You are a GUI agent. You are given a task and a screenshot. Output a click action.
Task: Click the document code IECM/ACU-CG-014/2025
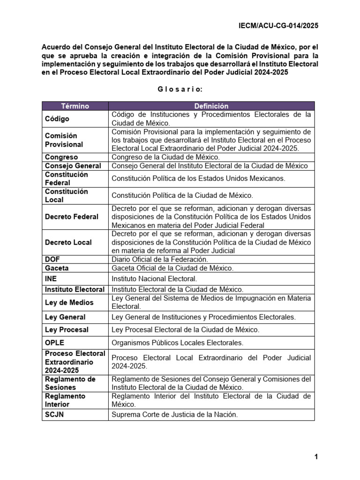tap(278, 26)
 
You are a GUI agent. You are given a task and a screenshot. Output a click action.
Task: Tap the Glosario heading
tap(180, 89)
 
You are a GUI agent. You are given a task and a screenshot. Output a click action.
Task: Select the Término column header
tap(75, 106)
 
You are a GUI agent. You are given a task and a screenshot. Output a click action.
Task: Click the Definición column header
tap(211, 106)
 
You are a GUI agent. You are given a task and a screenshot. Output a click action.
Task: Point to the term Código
tap(58, 119)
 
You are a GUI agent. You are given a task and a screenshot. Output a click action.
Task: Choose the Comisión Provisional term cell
tap(64, 140)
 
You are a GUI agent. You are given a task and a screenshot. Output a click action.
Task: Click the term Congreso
tap(61, 157)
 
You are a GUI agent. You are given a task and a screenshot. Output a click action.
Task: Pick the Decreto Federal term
tap(72, 217)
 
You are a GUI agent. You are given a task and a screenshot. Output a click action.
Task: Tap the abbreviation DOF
tap(52, 259)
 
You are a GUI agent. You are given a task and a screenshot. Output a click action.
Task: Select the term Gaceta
tap(57, 268)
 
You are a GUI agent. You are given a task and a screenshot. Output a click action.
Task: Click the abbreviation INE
tap(51, 278)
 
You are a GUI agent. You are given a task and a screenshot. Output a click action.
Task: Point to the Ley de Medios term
tap(69, 302)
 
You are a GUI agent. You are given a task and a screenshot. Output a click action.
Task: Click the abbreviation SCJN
tap(54, 414)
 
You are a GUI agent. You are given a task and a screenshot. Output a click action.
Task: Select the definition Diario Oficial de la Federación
tap(159, 259)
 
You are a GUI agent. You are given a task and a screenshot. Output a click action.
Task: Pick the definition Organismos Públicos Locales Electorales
tap(177, 343)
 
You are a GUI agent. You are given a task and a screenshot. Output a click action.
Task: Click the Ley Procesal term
tap(67, 330)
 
